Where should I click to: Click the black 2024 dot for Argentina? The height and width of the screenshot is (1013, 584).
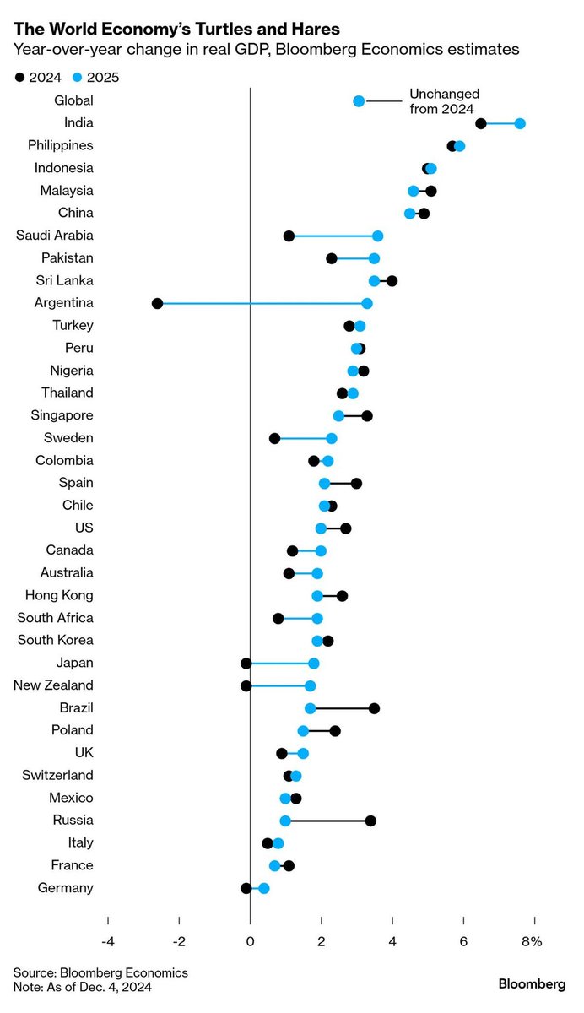(x=157, y=303)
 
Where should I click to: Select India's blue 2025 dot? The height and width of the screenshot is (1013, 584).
(x=520, y=123)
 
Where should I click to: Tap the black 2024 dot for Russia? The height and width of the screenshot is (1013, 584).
(x=370, y=821)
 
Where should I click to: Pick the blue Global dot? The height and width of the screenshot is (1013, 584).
(x=359, y=101)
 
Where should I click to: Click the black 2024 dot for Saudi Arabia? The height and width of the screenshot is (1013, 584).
(x=289, y=236)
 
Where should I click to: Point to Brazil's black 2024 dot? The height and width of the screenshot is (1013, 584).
(x=374, y=708)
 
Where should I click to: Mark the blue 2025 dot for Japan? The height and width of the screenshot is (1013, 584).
(x=314, y=664)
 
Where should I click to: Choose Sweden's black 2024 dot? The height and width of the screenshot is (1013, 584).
(x=274, y=438)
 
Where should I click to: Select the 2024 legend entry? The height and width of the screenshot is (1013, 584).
(x=38, y=78)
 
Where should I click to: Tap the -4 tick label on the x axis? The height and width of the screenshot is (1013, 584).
(x=108, y=941)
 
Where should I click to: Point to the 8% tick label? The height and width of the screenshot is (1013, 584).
(x=533, y=941)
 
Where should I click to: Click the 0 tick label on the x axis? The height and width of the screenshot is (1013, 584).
(x=251, y=941)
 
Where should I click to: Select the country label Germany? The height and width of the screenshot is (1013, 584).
(x=66, y=888)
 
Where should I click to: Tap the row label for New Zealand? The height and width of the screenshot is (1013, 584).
(x=53, y=685)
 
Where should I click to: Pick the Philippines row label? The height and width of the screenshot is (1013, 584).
(x=61, y=146)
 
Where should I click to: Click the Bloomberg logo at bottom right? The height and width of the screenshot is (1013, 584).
(x=532, y=983)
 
